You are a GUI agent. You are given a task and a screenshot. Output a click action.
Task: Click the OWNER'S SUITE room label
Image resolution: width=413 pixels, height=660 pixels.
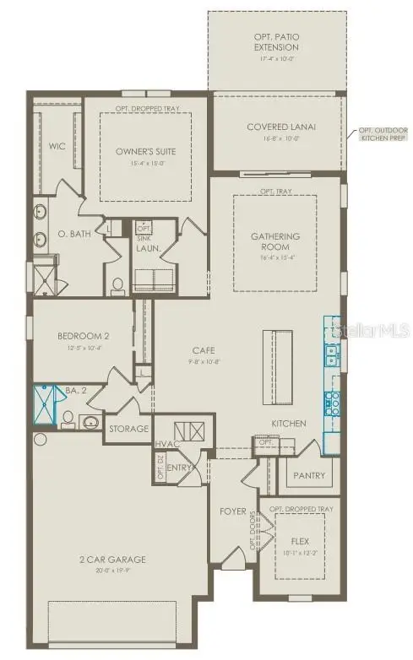[x=144, y=151]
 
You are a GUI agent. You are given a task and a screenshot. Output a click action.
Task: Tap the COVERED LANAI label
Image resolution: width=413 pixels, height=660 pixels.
[x=281, y=127]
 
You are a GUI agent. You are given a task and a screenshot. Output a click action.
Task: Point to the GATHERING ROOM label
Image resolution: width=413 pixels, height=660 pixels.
[x=275, y=242]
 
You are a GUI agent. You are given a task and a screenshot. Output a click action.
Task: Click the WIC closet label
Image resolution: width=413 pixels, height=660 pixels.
[x=57, y=145]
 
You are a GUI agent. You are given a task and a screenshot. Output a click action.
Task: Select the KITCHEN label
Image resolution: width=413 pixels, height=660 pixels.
[x=288, y=423]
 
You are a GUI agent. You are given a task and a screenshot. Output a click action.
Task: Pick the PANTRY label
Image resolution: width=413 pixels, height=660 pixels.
[x=309, y=475]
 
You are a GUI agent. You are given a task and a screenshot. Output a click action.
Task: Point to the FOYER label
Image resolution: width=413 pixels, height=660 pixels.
[x=232, y=511]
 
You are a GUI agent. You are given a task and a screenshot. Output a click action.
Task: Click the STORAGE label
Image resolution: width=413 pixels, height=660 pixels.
[x=128, y=429]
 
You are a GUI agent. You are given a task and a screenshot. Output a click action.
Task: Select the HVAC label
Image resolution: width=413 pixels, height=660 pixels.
[x=164, y=444]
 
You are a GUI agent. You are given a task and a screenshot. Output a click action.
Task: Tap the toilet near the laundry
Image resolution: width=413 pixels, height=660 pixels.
[x=118, y=284]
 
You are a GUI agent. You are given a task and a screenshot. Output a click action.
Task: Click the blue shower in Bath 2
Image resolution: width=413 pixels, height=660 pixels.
[x=46, y=404]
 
